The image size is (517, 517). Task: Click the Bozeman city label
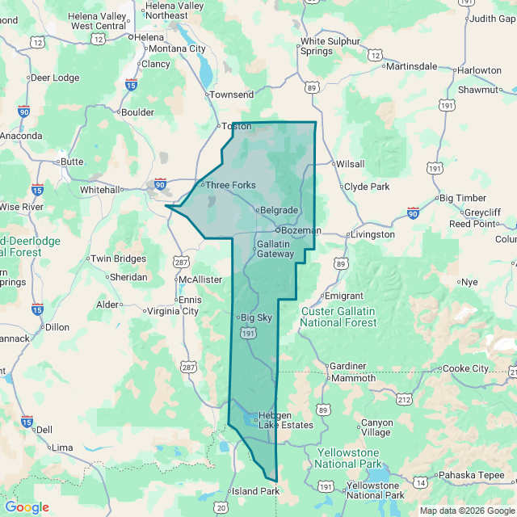301,230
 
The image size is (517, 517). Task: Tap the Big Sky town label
257,317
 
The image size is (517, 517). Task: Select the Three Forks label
230,185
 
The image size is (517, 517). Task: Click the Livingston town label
372,234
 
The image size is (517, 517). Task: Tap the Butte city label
72,162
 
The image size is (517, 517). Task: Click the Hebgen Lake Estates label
285,420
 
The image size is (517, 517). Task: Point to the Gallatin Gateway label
275,249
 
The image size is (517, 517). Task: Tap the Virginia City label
172,311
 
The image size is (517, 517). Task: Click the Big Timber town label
463,198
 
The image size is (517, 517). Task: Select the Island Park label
254,491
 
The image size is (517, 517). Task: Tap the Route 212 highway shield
405,400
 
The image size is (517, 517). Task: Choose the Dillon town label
57,327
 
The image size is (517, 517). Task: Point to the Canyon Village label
376,427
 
